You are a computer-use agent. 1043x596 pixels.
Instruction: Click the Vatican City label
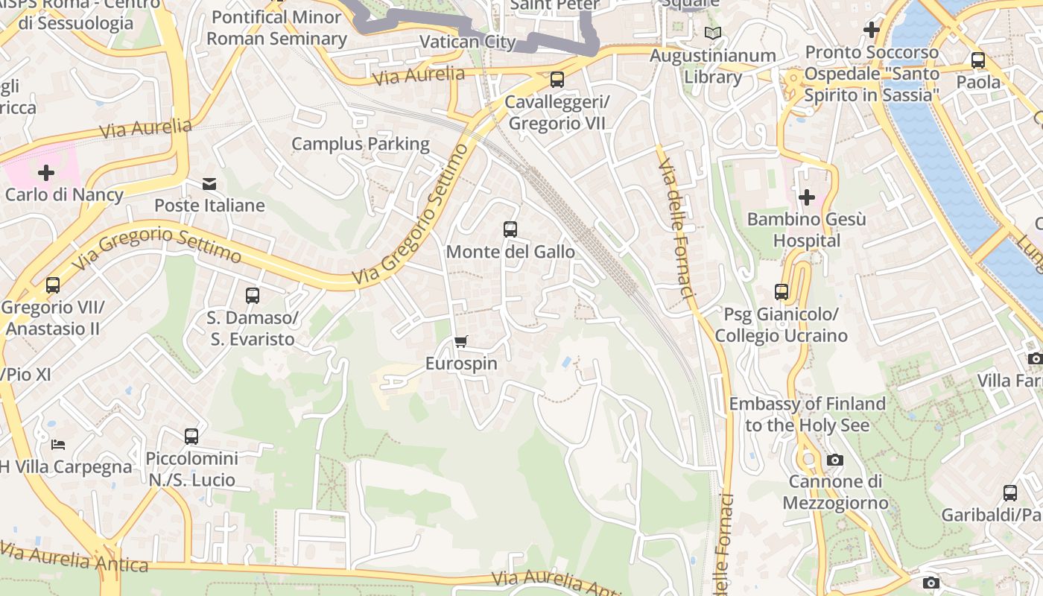[x=468, y=42]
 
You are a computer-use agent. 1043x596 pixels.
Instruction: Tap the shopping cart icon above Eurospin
[x=461, y=342]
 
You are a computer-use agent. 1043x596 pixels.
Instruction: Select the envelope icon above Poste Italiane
[x=209, y=183]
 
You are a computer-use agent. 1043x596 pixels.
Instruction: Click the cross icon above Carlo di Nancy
[x=46, y=174]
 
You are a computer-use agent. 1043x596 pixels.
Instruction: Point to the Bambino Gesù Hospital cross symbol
[x=806, y=197]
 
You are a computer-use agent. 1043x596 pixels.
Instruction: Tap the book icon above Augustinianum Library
[x=713, y=34]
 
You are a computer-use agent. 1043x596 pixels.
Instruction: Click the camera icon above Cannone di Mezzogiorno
[x=835, y=460]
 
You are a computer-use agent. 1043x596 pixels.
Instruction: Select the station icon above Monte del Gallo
[x=510, y=229]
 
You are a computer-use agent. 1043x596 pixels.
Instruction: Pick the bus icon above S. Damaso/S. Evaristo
[x=253, y=296]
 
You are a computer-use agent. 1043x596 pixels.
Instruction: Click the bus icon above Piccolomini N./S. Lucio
[x=191, y=437]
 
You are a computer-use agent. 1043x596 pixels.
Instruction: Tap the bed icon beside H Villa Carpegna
[x=58, y=445]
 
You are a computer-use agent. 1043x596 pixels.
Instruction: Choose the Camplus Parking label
[x=361, y=144]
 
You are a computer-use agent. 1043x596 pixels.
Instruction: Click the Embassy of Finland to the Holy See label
[x=807, y=414]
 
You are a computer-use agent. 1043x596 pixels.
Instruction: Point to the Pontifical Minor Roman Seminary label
[x=277, y=28]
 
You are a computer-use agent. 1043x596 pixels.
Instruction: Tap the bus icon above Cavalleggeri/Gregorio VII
[x=557, y=80]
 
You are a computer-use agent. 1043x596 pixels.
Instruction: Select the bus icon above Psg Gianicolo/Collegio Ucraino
[x=782, y=292]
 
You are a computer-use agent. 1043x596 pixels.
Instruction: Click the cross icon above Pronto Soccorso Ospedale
[x=872, y=31]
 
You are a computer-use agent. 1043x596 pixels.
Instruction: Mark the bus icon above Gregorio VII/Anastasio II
[x=53, y=285]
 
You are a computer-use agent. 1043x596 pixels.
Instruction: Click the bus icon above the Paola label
[x=978, y=60]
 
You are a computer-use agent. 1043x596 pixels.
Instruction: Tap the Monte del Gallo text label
[x=510, y=252]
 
